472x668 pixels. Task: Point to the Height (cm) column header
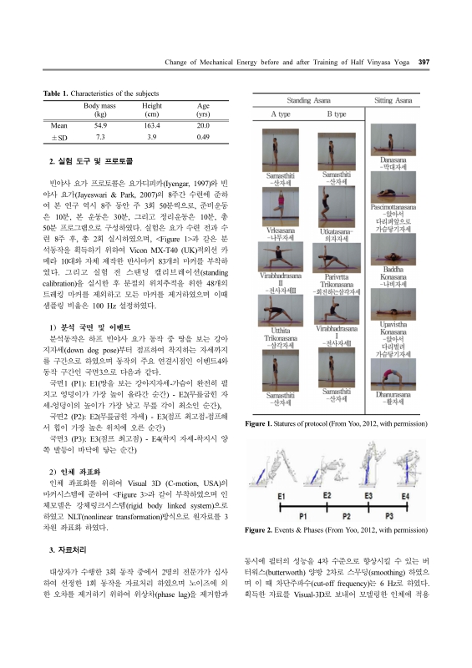tap(152, 109)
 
